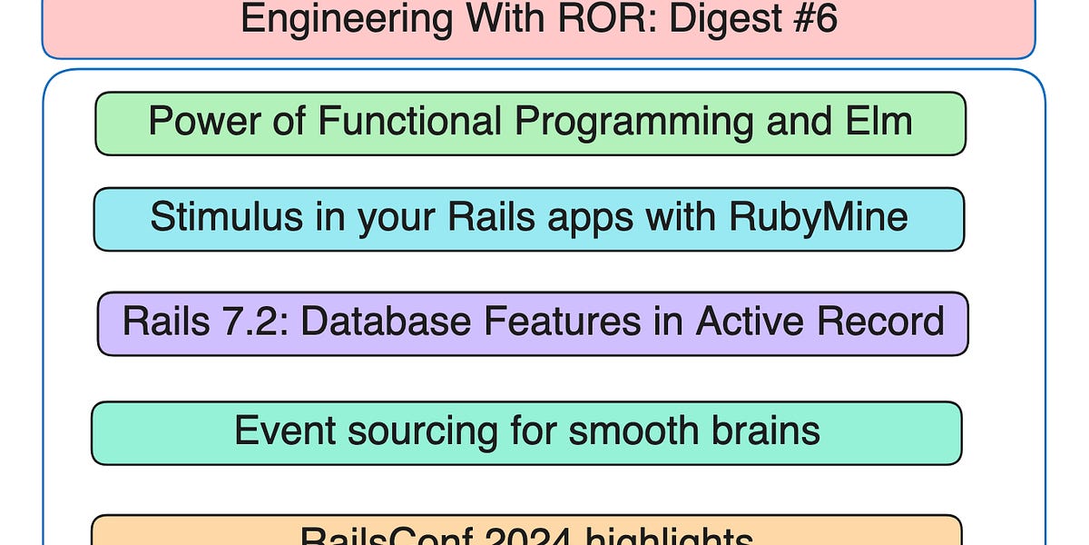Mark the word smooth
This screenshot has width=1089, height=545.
tap(629, 431)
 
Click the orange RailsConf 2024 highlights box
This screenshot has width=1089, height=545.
tap(526, 530)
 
